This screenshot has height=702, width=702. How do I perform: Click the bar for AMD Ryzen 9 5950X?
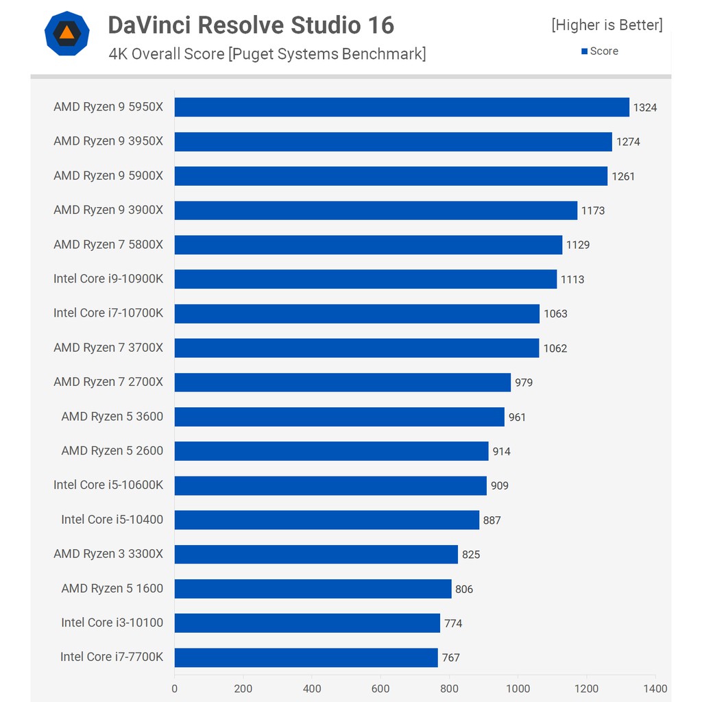coord(402,107)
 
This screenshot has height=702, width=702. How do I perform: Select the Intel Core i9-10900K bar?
coord(365,279)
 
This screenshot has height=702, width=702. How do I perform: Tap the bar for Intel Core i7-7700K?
coord(306,657)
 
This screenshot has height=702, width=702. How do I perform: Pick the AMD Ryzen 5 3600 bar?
coord(339,417)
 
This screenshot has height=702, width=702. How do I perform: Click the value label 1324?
coord(644,108)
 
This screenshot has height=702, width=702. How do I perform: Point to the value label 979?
coord(524,383)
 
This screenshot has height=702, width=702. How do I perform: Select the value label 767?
coord(450,658)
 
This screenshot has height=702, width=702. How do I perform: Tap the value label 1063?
coord(555,314)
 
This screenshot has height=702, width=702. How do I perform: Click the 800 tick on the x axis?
coord(449,688)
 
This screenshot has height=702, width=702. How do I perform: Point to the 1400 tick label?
coord(655,688)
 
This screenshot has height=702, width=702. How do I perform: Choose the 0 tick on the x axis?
coord(175,688)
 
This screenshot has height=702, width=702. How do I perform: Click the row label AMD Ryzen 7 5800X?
coord(108,245)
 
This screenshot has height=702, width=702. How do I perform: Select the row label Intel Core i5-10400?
coord(112,520)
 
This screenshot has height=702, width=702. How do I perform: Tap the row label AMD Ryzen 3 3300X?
coord(108,554)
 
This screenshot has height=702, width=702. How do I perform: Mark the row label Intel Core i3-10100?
coord(112,622)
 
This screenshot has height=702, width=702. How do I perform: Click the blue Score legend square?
coord(584,51)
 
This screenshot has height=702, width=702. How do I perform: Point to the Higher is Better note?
coord(607,25)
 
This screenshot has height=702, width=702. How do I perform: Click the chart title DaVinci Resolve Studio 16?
coord(251,25)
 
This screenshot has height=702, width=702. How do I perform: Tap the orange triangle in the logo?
coord(66,32)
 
